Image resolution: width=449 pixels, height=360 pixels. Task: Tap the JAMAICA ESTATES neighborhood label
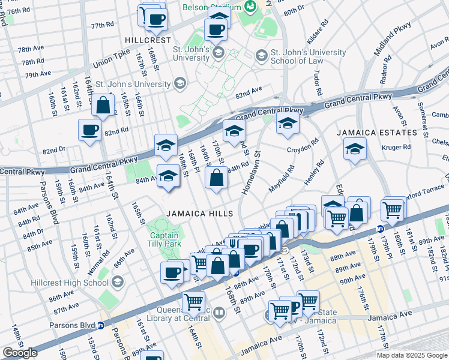(x=376, y=132)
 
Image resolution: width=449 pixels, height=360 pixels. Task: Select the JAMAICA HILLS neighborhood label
(x=200, y=214)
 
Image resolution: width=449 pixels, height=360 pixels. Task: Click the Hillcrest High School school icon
(x=117, y=281)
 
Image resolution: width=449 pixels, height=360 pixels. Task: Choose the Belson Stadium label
(x=212, y=7)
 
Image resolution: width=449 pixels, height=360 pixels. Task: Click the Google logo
(x=20, y=353)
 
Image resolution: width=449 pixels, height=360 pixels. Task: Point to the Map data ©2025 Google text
(x=412, y=355)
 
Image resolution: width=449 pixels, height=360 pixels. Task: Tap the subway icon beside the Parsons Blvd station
(x=101, y=326)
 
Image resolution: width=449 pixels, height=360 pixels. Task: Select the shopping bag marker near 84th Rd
(x=216, y=178)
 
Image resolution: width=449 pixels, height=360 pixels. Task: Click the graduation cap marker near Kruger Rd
(x=355, y=149)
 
